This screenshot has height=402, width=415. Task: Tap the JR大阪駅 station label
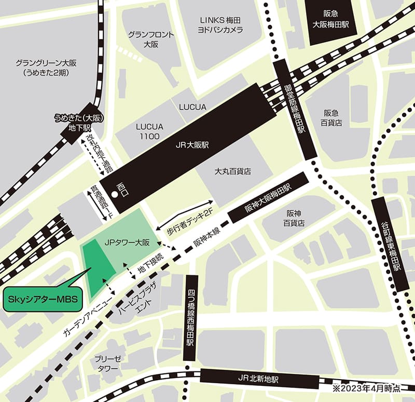[190, 147]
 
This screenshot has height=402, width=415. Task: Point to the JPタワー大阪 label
[127, 242]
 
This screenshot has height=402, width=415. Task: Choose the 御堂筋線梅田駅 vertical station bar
[295, 110]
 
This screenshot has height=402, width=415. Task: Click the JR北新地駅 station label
[243, 379]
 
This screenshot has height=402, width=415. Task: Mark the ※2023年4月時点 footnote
[369, 387]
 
